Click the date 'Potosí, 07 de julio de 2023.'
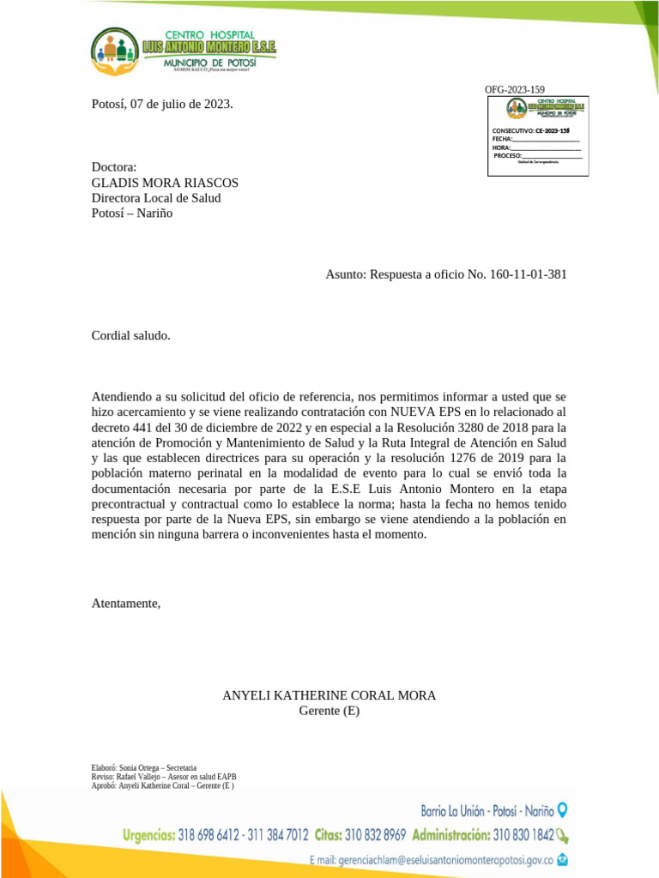pyautogui.click(x=162, y=105)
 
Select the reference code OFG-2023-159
pyautogui.click(x=514, y=90)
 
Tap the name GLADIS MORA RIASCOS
pyautogui.click(x=165, y=183)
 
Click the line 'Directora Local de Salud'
pyautogui.click(x=156, y=198)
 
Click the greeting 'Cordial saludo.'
pyautogui.click(x=131, y=335)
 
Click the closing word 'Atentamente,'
pyautogui.click(x=126, y=604)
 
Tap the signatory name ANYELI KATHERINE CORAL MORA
pyautogui.click(x=329, y=695)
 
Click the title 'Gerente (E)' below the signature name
pyautogui.click(x=329, y=711)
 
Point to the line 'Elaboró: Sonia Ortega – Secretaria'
pyautogui.click(x=144, y=767)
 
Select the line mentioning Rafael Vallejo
pyautogui.click(x=163, y=776)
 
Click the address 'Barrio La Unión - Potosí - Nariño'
pyautogui.click(x=487, y=810)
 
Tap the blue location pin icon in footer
pyautogui.click(x=562, y=809)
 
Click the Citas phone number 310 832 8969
pyautogui.click(x=375, y=834)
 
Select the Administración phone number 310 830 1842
pyautogui.click(x=523, y=834)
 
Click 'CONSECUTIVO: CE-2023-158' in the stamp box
pyautogui.click(x=530, y=130)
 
